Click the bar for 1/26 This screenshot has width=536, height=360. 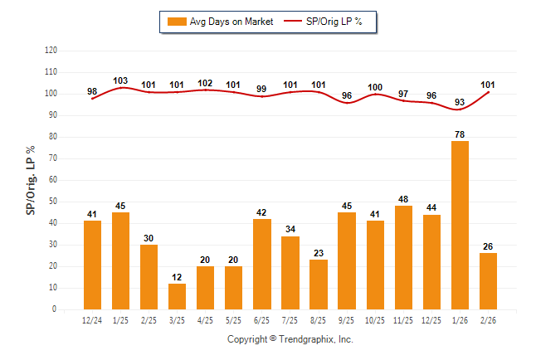click(460, 225)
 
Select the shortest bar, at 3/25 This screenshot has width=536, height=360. click(177, 296)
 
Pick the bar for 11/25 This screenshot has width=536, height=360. click(403, 257)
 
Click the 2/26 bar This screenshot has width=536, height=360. click(488, 281)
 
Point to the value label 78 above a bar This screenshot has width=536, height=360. click(460, 134)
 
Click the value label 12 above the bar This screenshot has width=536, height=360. click(177, 277)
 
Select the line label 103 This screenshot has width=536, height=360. click(120, 80)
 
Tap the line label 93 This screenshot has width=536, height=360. click(460, 102)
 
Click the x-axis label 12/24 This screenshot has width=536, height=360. click(92, 319)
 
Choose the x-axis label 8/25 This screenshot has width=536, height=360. click(318, 319)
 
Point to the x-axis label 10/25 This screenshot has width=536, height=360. click(375, 319)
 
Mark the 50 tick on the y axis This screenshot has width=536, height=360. click(52, 202)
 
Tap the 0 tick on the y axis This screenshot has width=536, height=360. click(55, 309)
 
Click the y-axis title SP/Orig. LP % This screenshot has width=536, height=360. click(31, 180)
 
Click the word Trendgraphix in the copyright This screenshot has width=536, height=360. click(306, 339)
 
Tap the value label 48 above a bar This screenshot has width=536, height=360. click(403, 199)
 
